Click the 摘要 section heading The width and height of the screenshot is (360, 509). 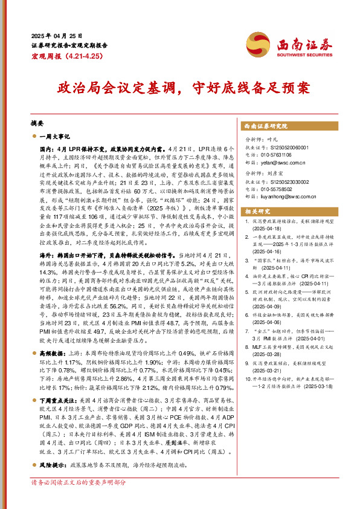pos(37,122)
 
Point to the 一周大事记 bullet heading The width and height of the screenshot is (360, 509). pos(58,137)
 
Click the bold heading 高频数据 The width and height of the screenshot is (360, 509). pos(52,334)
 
